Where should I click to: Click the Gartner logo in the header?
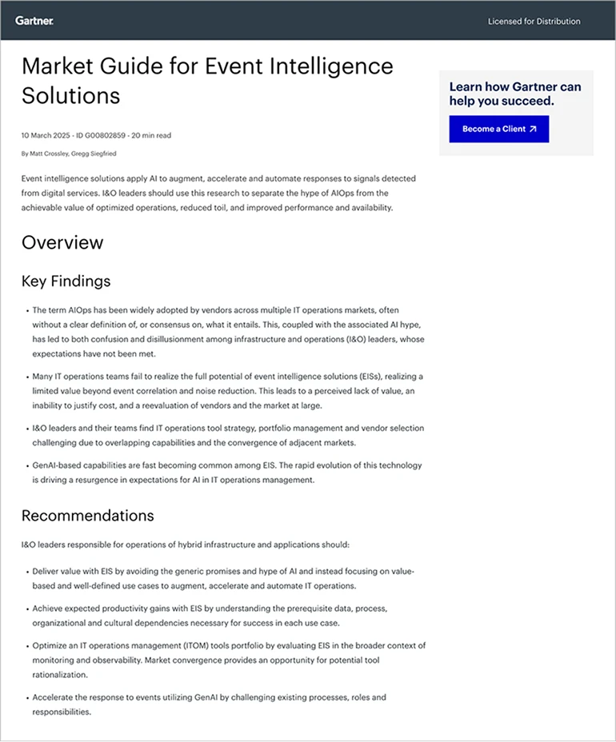click(34, 21)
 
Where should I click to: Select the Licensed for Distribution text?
click(534, 22)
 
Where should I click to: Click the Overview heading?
click(62, 242)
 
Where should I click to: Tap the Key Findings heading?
click(66, 281)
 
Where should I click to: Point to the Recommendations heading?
click(87, 515)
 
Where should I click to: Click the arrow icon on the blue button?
click(533, 129)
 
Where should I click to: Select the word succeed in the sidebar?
click(528, 102)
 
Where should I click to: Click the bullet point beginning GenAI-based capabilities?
click(26, 465)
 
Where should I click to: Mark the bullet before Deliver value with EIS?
click(26, 572)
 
